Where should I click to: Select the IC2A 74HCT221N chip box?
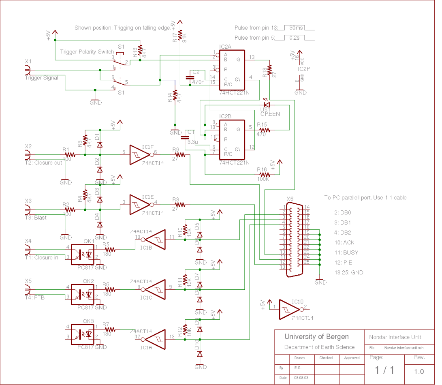[232, 70]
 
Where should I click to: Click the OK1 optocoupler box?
[83, 253]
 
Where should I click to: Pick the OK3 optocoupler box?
[83, 334]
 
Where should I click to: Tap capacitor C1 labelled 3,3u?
[186, 137]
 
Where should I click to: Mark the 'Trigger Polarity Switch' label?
[87, 52]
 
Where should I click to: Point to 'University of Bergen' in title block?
[316, 336]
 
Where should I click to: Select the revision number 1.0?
[419, 371]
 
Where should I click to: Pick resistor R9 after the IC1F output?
[179, 155]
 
